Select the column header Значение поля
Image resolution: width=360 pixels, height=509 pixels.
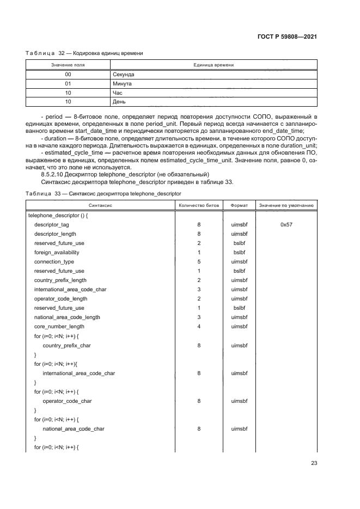(x=68, y=64)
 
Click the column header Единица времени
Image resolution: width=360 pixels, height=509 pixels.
(x=213, y=64)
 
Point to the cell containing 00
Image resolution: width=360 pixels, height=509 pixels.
(x=68, y=73)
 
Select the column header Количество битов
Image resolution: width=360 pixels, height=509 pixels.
(x=199, y=205)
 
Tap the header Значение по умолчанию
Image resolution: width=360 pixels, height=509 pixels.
(x=286, y=205)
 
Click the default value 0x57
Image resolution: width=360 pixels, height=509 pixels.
(x=286, y=224)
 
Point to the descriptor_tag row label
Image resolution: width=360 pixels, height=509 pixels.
(x=51, y=224)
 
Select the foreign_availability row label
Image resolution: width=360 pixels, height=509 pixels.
(x=57, y=252)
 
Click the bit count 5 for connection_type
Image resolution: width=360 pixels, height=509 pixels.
(x=199, y=261)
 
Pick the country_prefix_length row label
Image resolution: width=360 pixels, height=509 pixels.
(x=60, y=280)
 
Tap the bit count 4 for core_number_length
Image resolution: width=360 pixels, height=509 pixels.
(x=199, y=326)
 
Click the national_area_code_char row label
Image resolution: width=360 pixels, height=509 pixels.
(x=74, y=428)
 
